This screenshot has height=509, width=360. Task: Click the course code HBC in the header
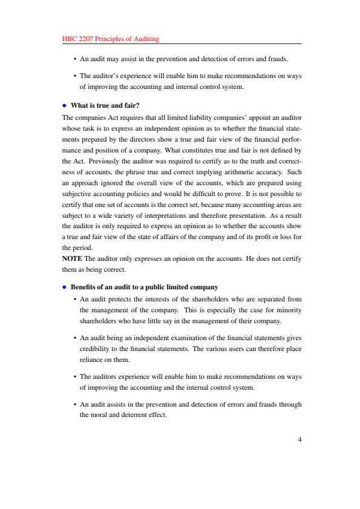[70, 39]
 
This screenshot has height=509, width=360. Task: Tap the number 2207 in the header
[87, 39]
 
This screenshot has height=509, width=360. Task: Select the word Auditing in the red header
[146, 39]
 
